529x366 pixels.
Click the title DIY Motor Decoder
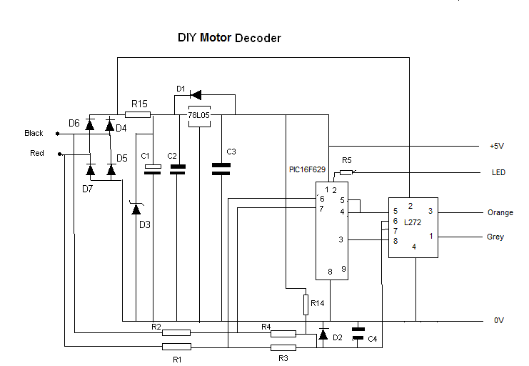(x=229, y=38)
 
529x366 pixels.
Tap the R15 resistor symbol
(x=137, y=114)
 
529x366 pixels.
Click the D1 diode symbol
(x=194, y=94)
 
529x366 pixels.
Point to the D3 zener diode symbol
(x=136, y=209)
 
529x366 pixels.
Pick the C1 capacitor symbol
(x=153, y=169)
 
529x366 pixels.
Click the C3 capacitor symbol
(x=222, y=169)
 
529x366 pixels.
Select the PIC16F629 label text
(x=306, y=170)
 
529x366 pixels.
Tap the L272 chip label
(x=412, y=222)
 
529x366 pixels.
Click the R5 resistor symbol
(x=346, y=172)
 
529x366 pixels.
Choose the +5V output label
(x=497, y=146)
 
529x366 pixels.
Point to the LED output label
(x=498, y=172)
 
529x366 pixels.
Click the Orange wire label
(x=500, y=212)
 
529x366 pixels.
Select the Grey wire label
(x=495, y=237)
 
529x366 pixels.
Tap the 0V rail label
(x=499, y=321)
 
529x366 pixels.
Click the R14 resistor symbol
(x=306, y=304)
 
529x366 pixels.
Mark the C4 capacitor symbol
(x=358, y=333)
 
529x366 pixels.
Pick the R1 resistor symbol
(x=176, y=347)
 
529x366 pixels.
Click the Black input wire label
(x=34, y=133)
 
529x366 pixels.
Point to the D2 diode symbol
(x=323, y=334)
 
